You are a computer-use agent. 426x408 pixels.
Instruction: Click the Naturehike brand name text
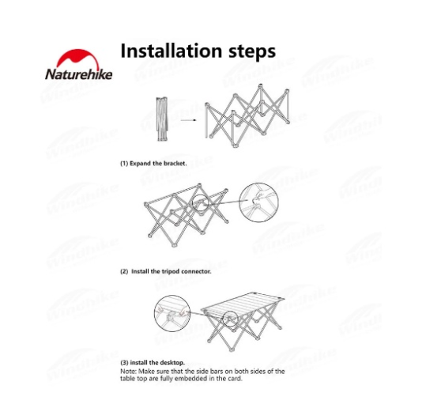tap(79, 74)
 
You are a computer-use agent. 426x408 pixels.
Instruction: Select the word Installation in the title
tap(172, 51)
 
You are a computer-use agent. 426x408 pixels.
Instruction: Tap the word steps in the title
tap(252, 52)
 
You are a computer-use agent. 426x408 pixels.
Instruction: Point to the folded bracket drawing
tap(162, 119)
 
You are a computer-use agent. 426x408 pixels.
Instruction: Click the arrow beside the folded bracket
tap(188, 120)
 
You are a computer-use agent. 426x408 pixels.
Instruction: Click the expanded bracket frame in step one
tap(247, 116)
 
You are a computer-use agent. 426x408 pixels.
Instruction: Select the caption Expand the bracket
tap(158, 164)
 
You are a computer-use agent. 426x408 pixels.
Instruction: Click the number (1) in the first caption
tap(124, 164)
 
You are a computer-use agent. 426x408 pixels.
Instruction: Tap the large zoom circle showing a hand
tap(258, 183)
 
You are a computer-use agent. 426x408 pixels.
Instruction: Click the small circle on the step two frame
tap(201, 195)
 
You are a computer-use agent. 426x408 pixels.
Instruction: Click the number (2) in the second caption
tap(124, 271)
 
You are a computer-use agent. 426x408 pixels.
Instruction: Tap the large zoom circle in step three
tap(172, 296)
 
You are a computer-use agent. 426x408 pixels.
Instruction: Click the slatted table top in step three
tap(243, 304)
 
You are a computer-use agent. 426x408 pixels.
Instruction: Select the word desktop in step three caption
tap(172, 363)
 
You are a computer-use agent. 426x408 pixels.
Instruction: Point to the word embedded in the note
tap(193, 379)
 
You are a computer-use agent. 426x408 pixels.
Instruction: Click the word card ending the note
tap(236, 379)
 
